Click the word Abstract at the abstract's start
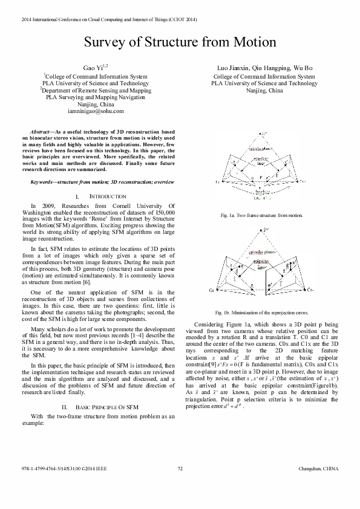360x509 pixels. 41,131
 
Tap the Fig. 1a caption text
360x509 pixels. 261,215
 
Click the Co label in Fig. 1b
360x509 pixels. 212,291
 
